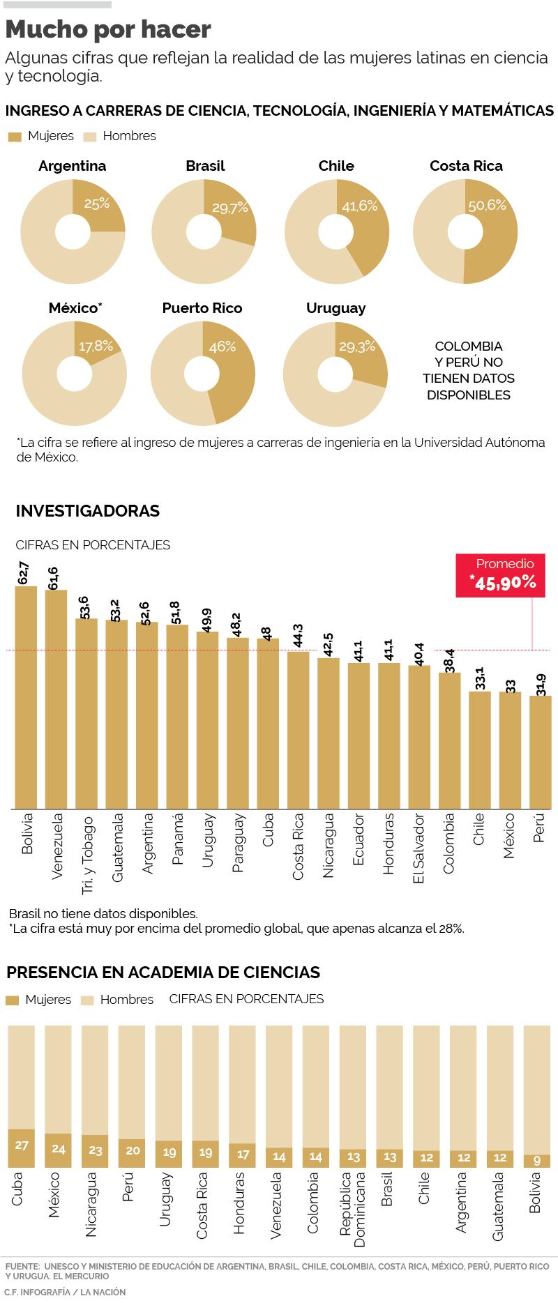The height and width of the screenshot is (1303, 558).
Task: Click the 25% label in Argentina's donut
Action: pyautogui.click(x=97, y=204)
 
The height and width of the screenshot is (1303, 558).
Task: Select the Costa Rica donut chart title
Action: pyautogui.click(x=466, y=166)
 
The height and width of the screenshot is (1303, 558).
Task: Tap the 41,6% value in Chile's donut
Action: pyautogui.click(x=359, y=206)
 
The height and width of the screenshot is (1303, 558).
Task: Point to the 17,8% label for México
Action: pyautogui.click(x=96, y=346)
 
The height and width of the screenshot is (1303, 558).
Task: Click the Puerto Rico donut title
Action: pyautogui.click(x=202, y=308)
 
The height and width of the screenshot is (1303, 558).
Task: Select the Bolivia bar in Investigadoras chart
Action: pyautogui.click(x=27, y=697)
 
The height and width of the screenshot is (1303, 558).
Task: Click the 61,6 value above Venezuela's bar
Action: pyautogui.click(x=52, y=579)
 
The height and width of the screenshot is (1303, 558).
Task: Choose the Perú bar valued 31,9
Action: pyautogui.click(x=541, y=753)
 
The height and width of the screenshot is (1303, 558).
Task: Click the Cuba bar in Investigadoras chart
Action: pyautogui.click(x=268, y=725)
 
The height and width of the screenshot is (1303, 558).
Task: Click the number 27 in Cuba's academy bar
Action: pyautogui.click(x=22, y=1145)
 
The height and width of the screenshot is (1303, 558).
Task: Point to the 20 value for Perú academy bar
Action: pyautogui.click(x=131, y=1151)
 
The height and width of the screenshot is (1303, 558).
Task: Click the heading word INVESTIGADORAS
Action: pyautogui.click(x=88, y=511)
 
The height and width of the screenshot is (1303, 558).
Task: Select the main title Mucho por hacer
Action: pyautogui.click(x=108, y=29)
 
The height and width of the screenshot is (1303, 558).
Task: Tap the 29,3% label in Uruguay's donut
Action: pyautogui.click(x=357, y=346)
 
